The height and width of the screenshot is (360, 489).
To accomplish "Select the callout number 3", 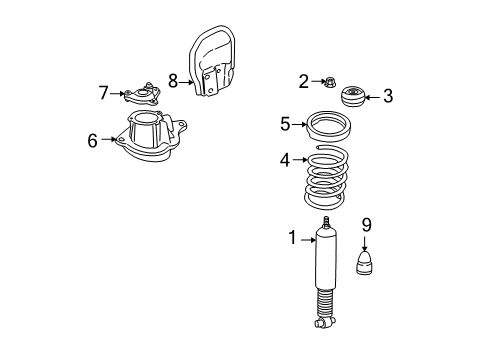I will click(388, 97).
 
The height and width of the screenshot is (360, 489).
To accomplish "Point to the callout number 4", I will click(284, 158).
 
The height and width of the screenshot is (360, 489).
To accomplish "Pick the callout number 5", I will click(285, 124).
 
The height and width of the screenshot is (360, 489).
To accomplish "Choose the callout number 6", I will click(92, 141).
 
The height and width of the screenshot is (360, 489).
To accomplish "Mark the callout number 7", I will click(103, 93).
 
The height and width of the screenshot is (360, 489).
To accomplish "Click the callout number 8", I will click(173, 81).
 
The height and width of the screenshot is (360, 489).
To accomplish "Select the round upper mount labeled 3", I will click(354, 98).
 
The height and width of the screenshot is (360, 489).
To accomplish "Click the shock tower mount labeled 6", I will click(147, 145).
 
